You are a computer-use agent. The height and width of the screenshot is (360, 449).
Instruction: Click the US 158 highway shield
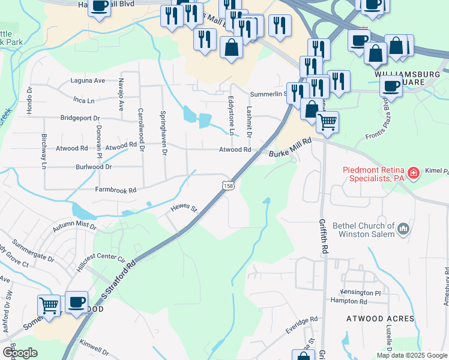(x=228, y=187)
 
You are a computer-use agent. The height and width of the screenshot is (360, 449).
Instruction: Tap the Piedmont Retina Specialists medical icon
(x=413, y=174)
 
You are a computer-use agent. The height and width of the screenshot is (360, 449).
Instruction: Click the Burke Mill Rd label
(x=291, y=149)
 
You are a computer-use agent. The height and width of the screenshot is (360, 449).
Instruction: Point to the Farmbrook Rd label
(x=116, y=190)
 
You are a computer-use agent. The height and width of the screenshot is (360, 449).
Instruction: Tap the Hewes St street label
(x=184, y=208)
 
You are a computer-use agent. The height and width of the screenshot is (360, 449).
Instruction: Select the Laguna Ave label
(x=88, y=80)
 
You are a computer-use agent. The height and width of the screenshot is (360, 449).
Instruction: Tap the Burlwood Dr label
(x=94, y=167)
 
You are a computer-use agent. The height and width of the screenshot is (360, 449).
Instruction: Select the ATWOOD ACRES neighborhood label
(x=380, y=318)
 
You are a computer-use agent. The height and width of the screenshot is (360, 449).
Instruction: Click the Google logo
(x=19, y=353)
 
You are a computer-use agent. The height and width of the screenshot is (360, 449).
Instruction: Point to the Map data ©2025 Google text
(x=411, y=355)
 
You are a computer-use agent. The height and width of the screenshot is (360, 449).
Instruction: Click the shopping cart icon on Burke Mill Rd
(x=327, y=122)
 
